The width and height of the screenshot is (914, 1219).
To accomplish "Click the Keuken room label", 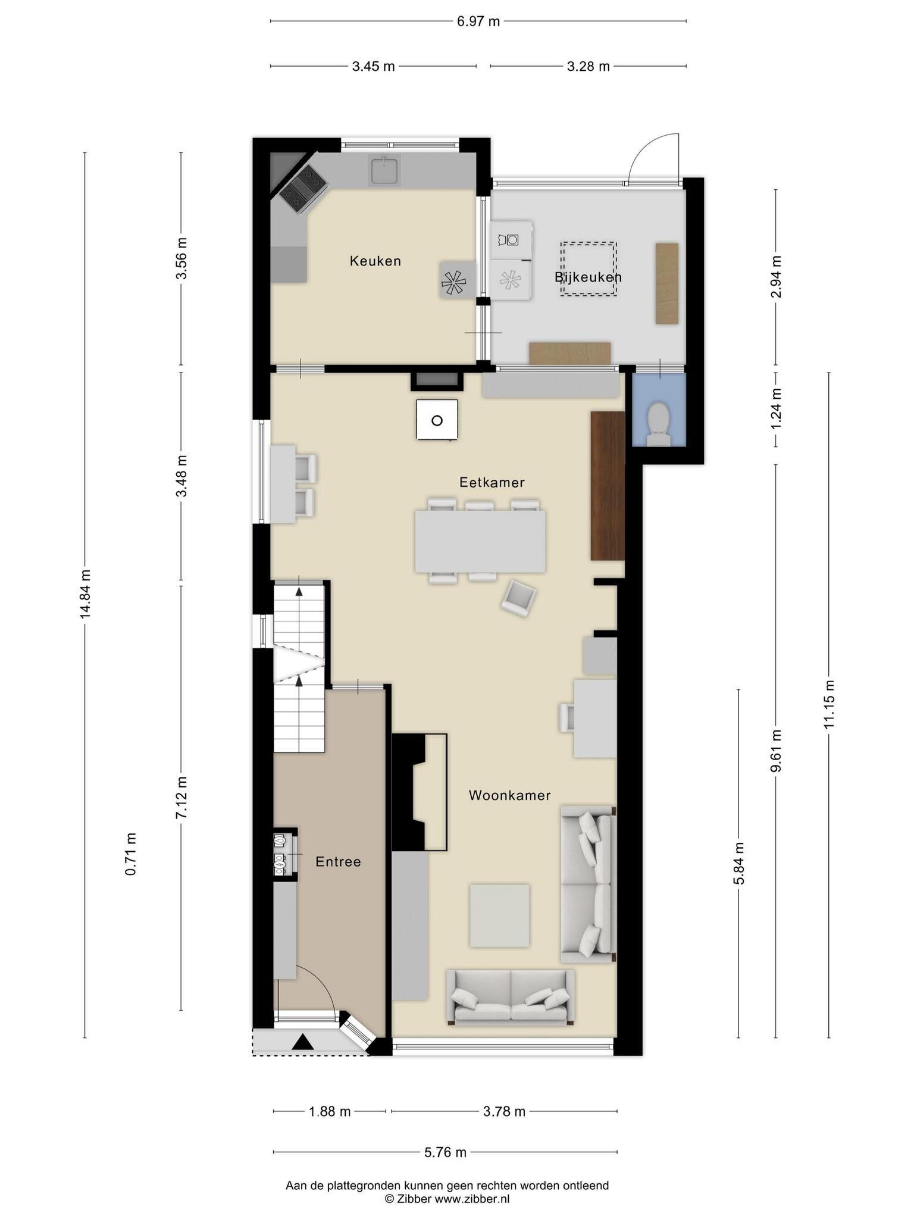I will point(375,261).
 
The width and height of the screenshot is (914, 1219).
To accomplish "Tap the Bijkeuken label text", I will point(588,277).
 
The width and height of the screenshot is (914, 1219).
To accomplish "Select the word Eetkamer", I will point(492,482).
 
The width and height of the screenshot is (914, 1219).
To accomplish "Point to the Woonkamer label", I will point(509,795).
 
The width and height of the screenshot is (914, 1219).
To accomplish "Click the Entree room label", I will point(338,861).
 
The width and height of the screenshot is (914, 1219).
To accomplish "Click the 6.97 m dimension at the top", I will point(478,22).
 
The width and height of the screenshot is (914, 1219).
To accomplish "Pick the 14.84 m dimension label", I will point(86,593).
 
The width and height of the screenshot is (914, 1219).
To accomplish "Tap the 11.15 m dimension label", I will point(830,704).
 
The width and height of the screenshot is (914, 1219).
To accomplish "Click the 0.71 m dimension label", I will point(131,854).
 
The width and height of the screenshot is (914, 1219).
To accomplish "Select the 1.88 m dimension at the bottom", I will point(330,1111).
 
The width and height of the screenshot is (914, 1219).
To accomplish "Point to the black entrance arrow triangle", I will point(302,1042).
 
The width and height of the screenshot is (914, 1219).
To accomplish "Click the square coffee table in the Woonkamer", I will point(499,915).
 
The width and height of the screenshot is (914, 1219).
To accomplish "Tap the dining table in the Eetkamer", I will point(480,541).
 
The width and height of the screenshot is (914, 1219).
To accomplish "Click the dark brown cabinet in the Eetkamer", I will point(607,485).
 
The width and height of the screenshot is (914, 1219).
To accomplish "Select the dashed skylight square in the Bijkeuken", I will point(589,269).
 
